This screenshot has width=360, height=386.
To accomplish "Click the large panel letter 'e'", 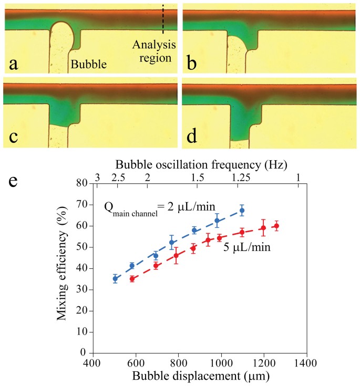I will coord(15,182).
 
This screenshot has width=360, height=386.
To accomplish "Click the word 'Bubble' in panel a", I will coord(89,65).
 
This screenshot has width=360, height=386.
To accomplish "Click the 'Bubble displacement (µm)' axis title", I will coord(199,376).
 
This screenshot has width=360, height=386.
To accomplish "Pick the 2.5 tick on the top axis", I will coord(119,178).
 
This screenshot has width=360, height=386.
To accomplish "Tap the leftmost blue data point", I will coord(115,279).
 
